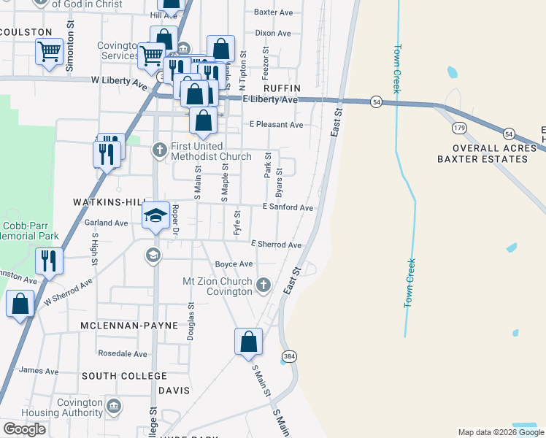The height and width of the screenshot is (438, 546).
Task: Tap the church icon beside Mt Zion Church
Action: point(264,284)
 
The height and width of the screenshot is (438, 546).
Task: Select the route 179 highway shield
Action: point(458,128)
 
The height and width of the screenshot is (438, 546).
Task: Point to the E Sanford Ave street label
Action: point(288,207)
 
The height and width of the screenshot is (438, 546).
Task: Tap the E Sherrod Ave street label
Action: point(275,245)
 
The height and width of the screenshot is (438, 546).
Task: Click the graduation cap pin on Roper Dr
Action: point(155,217)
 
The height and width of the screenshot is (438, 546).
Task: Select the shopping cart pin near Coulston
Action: point(49,52)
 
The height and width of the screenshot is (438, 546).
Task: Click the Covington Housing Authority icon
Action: point(113,405)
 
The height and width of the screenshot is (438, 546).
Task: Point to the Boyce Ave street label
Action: point(233,264)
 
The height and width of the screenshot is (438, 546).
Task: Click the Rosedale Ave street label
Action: point(123,354)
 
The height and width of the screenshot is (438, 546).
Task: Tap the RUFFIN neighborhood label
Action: point(277,87)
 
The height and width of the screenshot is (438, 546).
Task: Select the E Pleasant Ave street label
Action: point(276,125)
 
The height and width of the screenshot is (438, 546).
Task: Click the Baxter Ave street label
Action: point(272,12)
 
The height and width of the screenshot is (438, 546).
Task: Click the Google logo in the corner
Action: point(24,429)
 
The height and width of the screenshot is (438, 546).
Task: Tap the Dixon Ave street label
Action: point(273,33)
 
